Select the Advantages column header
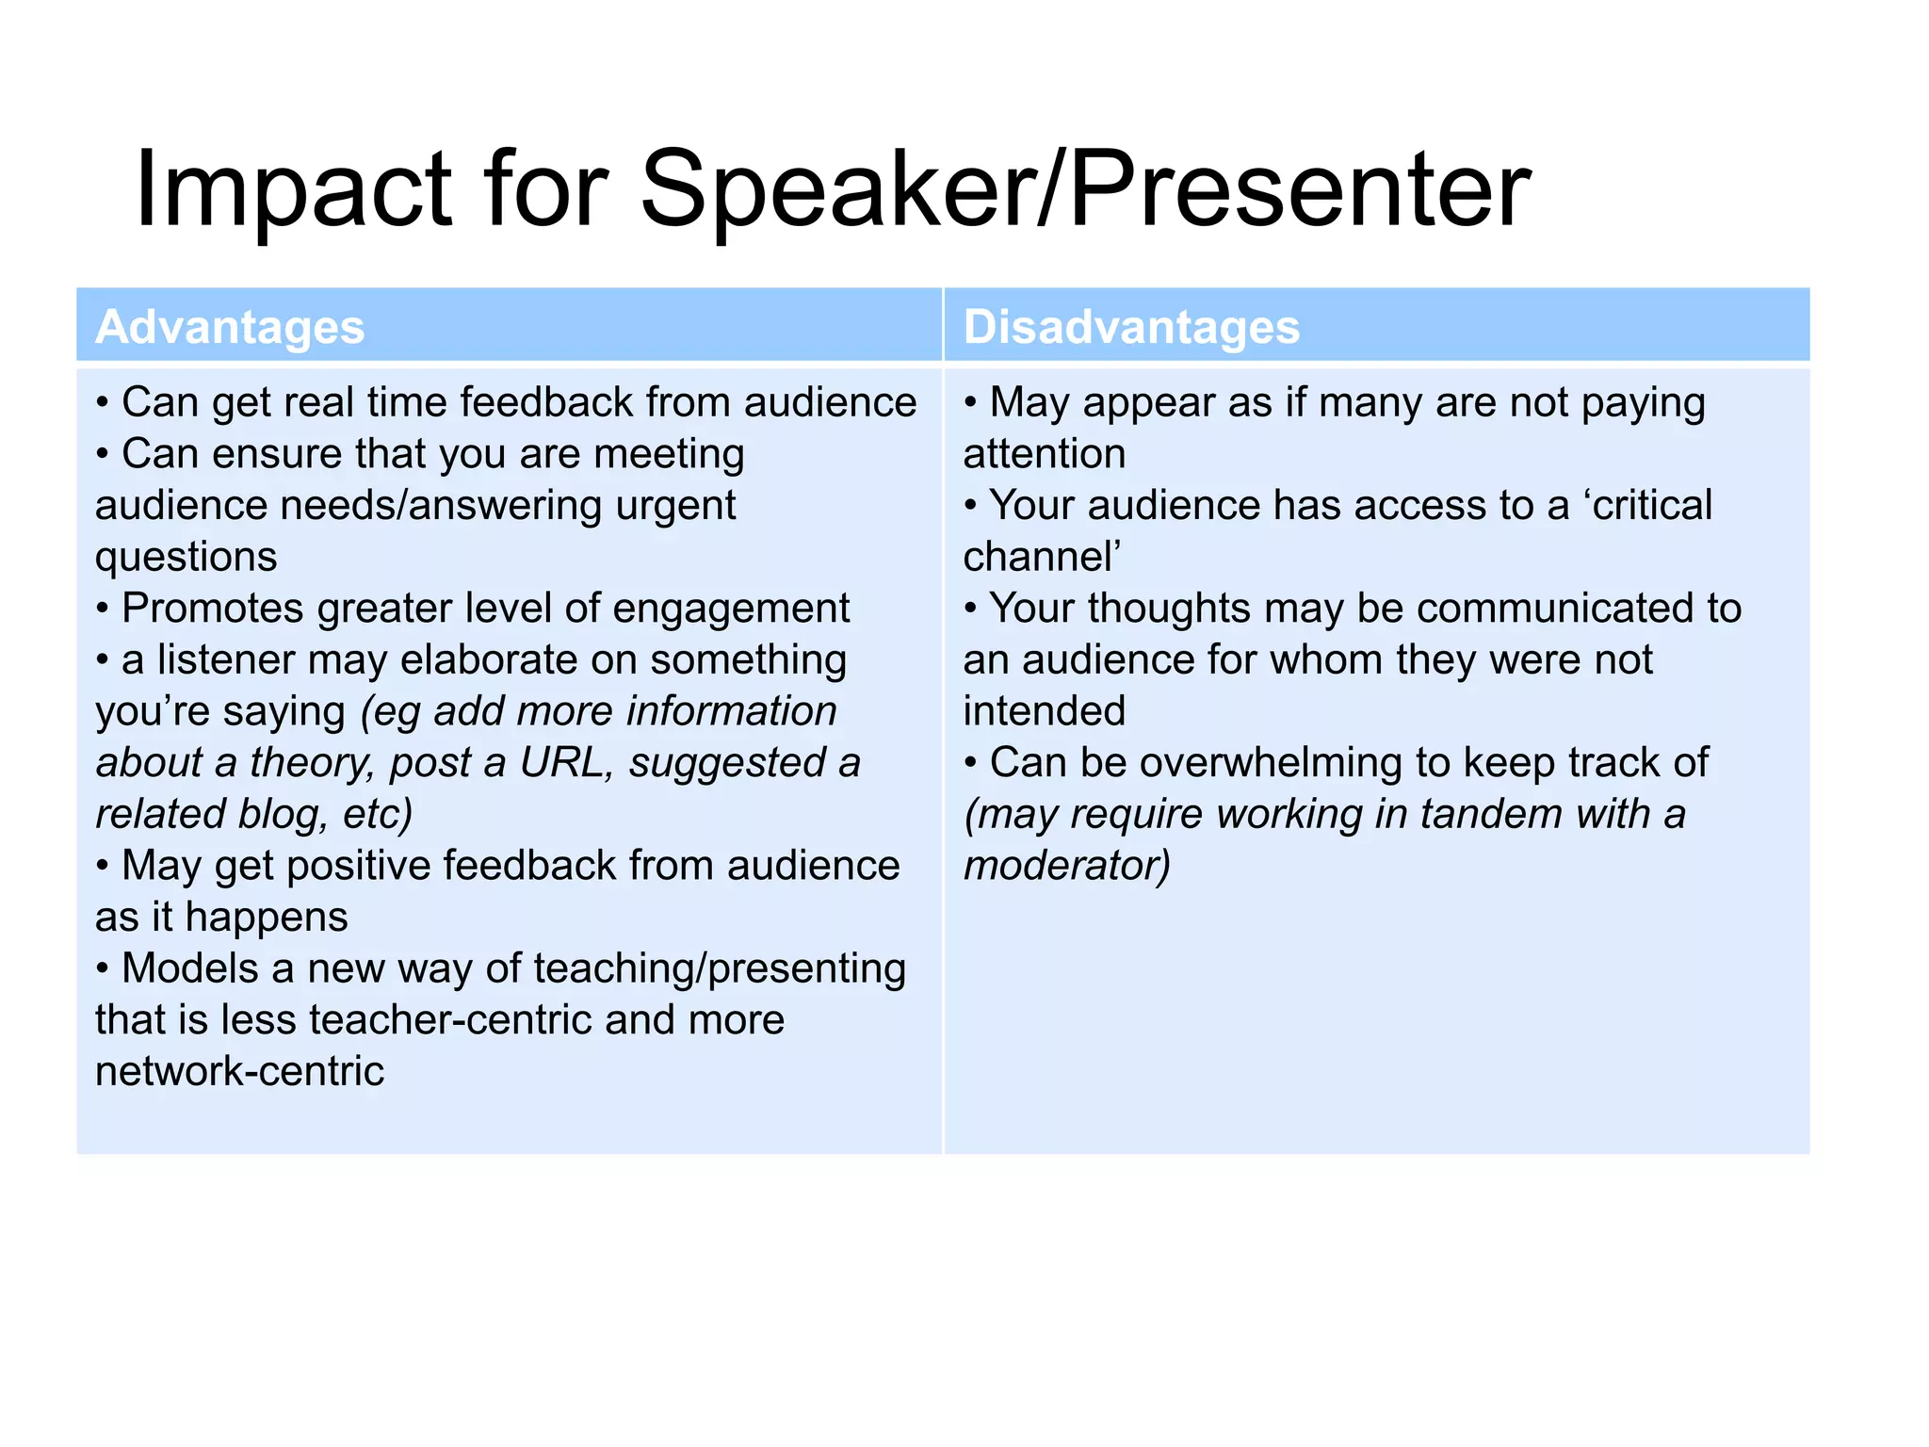click(230, 327)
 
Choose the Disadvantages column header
click(1131, 327)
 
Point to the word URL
click(561, 762)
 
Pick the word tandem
click(1491, 814)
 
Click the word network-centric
click(240, 1071)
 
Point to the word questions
click(186, 558)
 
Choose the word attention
click(1045, 454)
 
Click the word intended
click(1045, 711)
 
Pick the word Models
click(189, 968)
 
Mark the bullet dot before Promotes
click(103, 609)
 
